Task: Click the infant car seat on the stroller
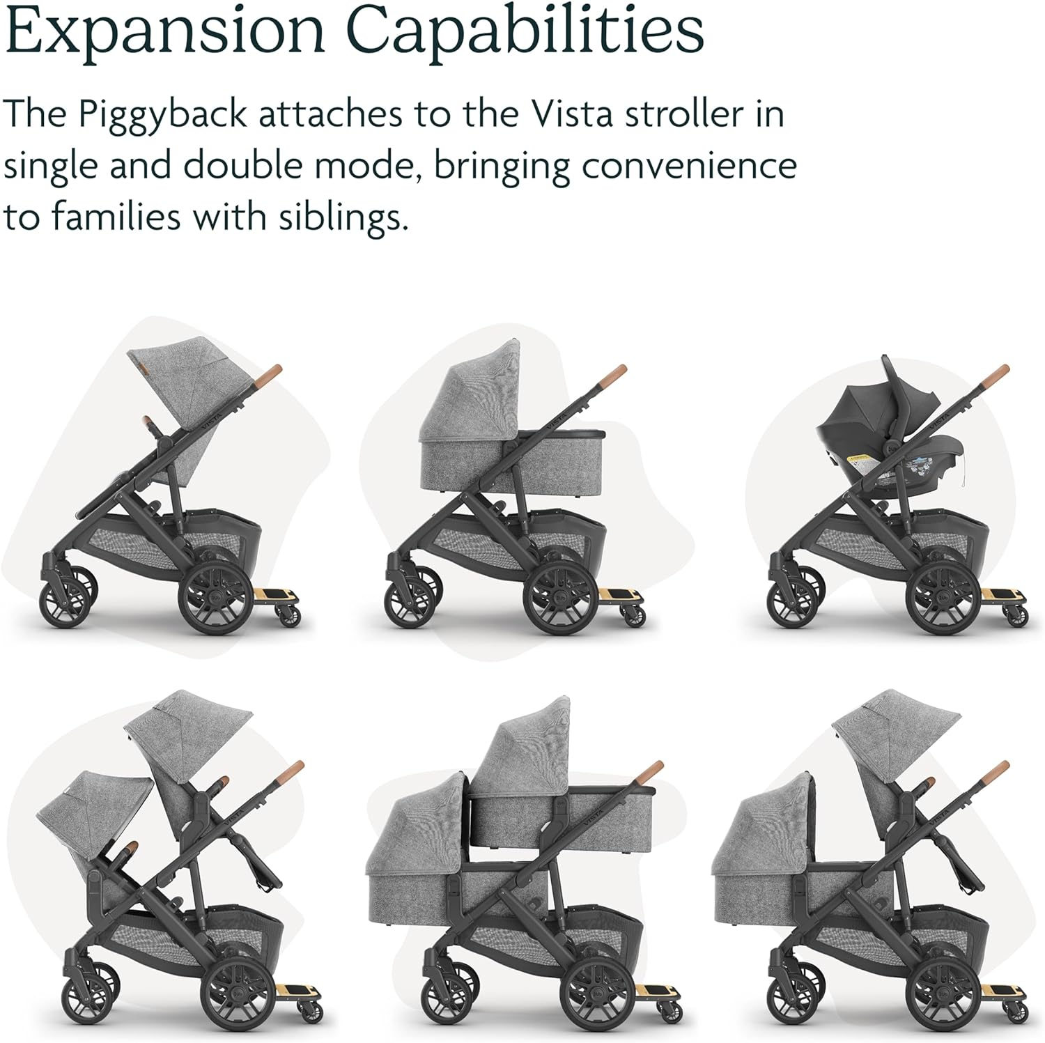pyautogui.click(x=878, y=432)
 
